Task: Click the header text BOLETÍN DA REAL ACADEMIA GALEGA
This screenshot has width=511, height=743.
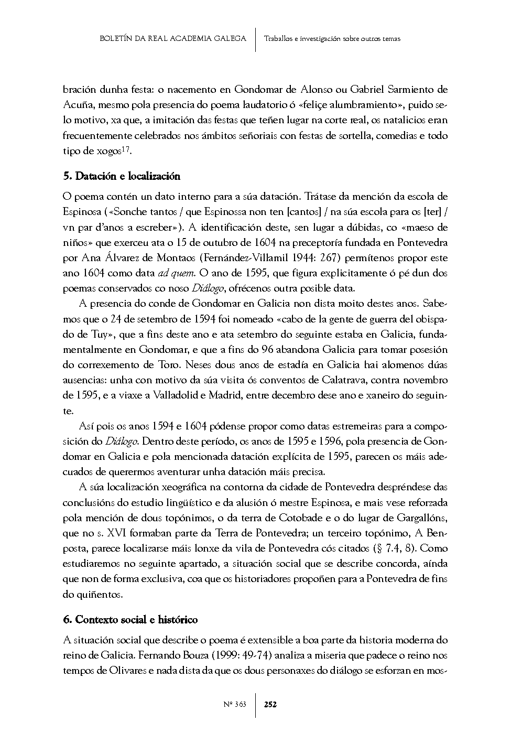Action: point(172,38)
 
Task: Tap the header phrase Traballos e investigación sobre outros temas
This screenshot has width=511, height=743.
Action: point(332,39)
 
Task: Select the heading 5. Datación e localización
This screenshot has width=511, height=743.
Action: point(121,176)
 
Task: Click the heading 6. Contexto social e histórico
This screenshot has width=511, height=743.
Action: point(130,620)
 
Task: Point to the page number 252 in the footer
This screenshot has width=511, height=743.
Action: point(270,704)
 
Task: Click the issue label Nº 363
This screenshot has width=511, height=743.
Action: point(234,704)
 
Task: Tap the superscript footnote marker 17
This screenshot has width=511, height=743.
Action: point(126,149)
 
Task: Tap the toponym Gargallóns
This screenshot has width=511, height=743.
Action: point(419,518)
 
